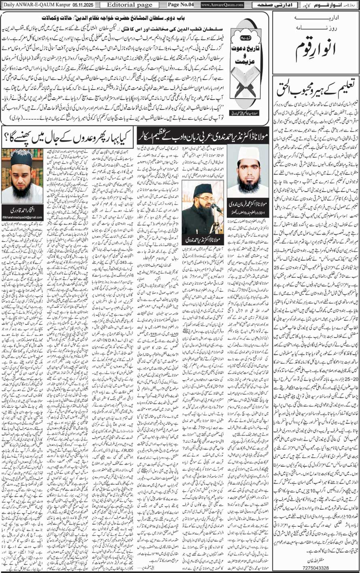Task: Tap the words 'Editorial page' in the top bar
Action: tap(118, 5)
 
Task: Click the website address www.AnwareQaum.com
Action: tap(221, 5)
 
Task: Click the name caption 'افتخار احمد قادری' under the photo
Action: tap(22, 210)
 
